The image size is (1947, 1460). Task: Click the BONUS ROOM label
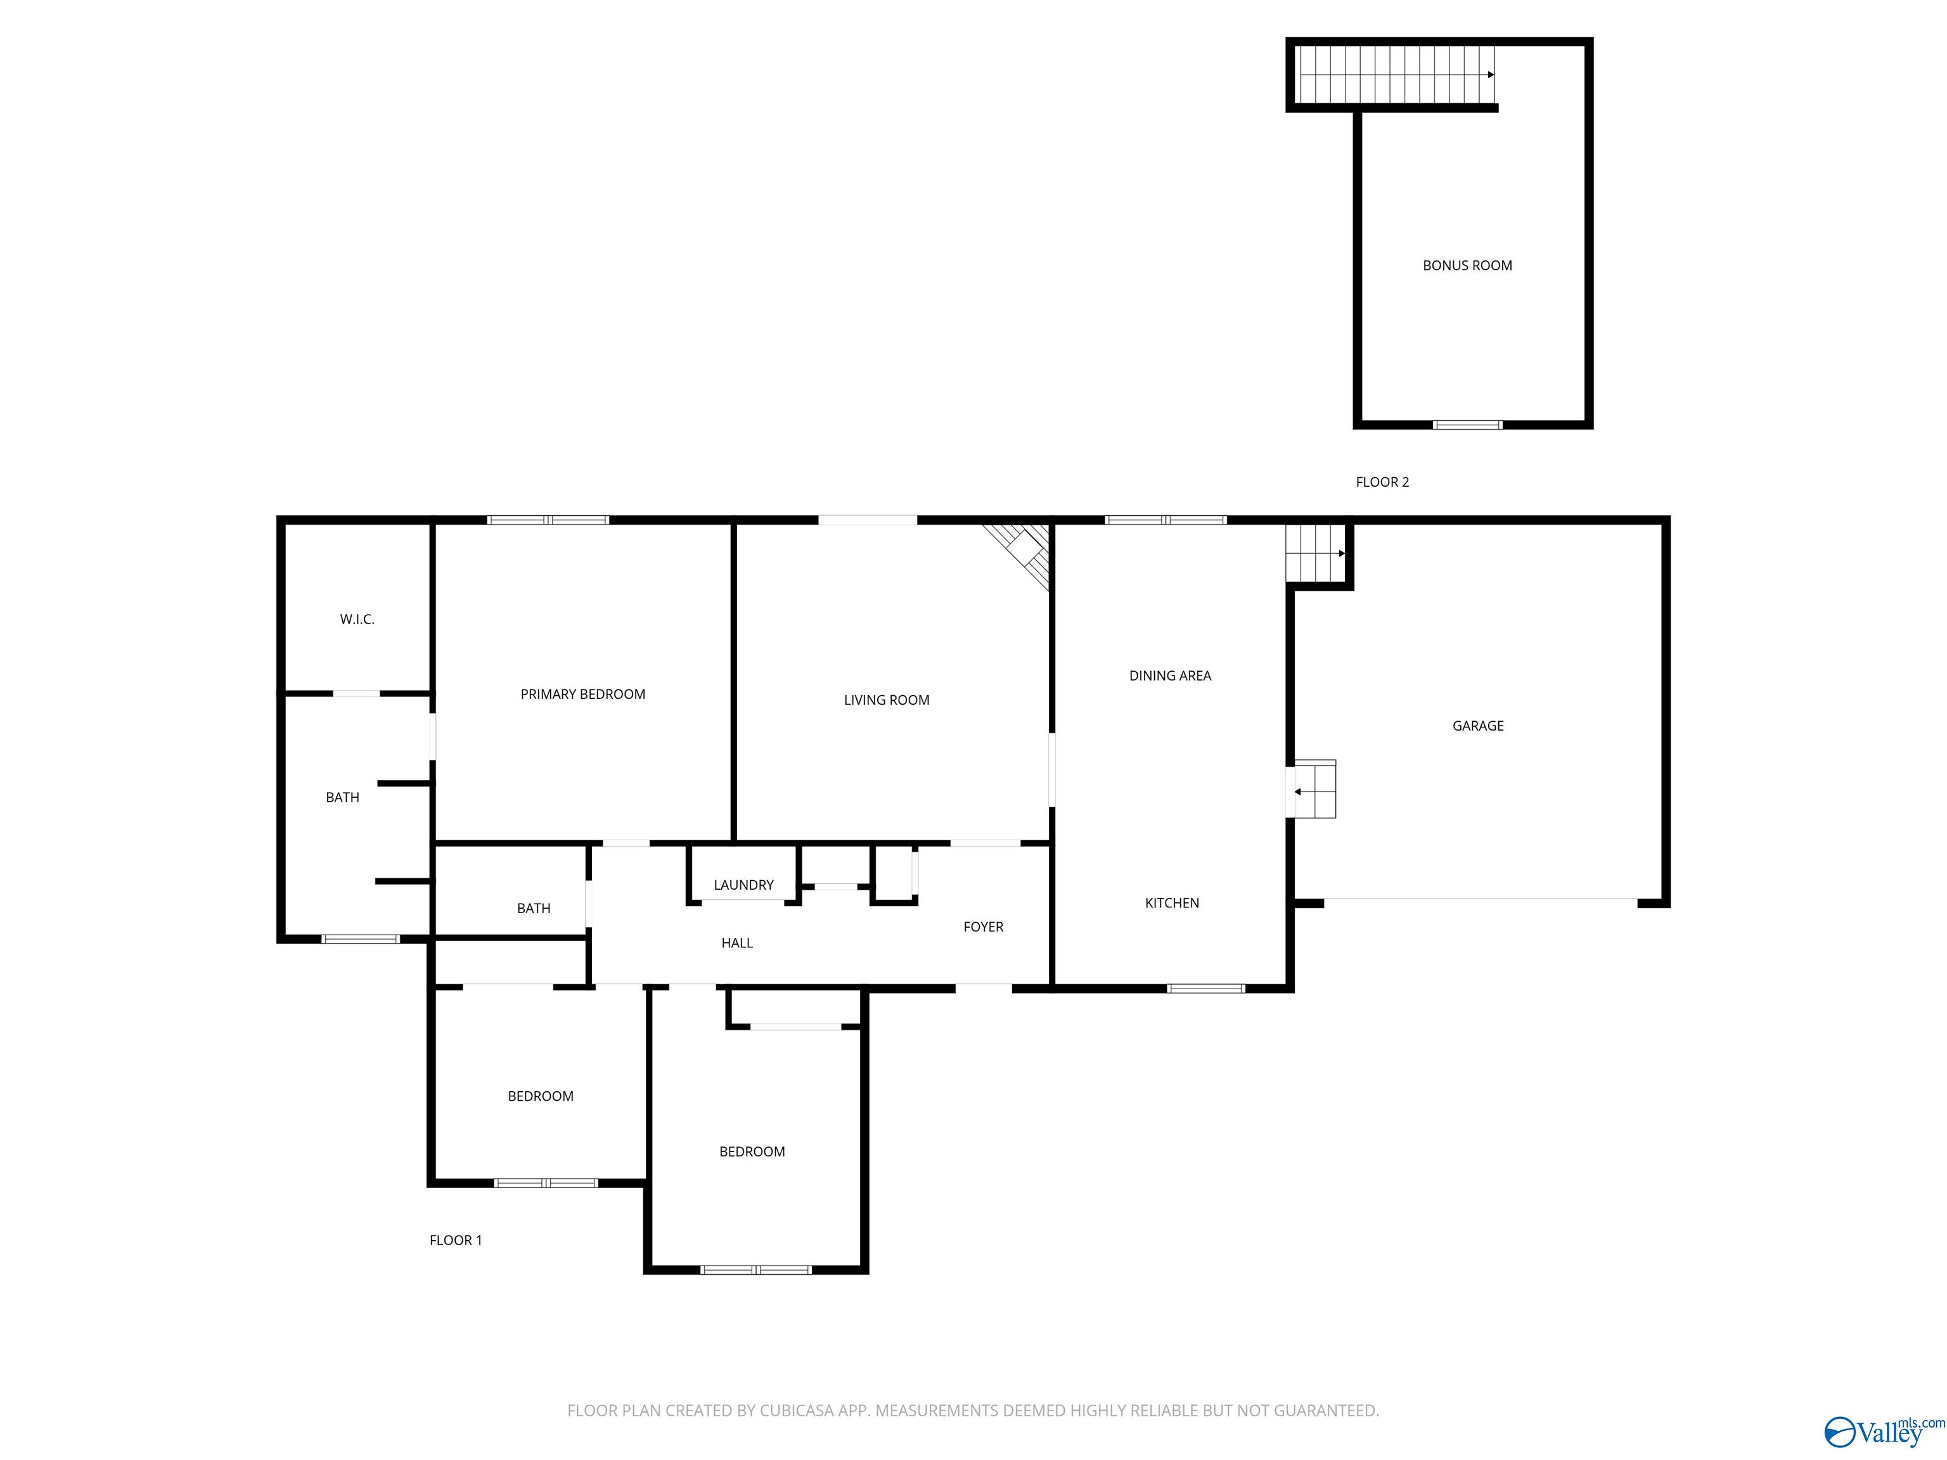click(1467, 266)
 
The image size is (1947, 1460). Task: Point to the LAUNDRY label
click(744, 885)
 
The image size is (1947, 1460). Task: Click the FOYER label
click(983, 926)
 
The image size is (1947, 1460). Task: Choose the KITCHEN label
click(1171, 903)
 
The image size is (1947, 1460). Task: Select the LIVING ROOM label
click(887, 700)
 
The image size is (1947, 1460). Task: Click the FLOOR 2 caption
click(1382, 482)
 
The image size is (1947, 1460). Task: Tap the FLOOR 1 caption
click(455, 1241)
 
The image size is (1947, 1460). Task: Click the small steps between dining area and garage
click(1313, 790)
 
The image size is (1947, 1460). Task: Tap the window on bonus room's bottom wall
click(1467, 425)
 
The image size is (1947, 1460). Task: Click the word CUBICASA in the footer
click(797, 1411)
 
